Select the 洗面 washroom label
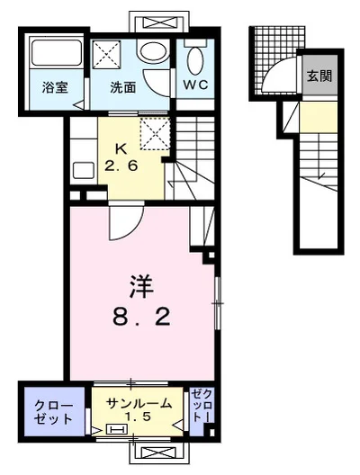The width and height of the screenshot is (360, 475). pos(123,87)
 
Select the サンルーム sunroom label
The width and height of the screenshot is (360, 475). pos(138,402)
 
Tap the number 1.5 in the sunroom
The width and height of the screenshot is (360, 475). pos(138,417)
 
